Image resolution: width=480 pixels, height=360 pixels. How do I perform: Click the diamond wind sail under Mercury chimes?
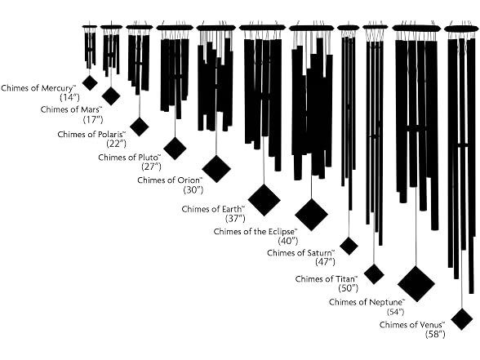[90, 82]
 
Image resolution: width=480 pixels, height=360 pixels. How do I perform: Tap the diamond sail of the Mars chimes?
[111, 96]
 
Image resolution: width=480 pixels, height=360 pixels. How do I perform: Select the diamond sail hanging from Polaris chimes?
[140, 127]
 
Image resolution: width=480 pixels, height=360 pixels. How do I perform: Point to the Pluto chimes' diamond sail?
[175, 149]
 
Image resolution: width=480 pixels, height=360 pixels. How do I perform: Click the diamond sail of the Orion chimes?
[216, 169]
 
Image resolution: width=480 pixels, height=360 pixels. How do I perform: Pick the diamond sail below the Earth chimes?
[264, 200]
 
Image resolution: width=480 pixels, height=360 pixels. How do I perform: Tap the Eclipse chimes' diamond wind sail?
[311, 214]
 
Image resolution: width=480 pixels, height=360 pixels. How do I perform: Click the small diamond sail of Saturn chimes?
[349, 246]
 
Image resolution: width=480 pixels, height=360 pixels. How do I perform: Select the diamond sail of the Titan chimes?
[374, 274]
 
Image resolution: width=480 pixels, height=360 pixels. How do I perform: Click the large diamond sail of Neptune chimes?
[416, 284]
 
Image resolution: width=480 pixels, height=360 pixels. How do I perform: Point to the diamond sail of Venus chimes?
[462, 319]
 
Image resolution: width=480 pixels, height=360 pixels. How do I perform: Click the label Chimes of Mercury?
[38, 88]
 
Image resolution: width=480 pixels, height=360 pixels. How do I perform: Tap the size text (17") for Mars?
[93, 119]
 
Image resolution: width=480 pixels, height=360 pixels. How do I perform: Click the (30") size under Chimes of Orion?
[193, 189]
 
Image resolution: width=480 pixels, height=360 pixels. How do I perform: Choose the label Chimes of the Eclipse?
[256, 232]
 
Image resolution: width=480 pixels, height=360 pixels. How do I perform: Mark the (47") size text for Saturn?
[325, 262]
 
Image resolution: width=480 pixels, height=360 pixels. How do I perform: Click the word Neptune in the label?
[387, 302]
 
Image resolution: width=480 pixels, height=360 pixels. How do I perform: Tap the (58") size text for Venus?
[435, 335]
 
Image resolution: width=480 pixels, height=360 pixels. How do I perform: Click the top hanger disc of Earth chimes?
[262, 28]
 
